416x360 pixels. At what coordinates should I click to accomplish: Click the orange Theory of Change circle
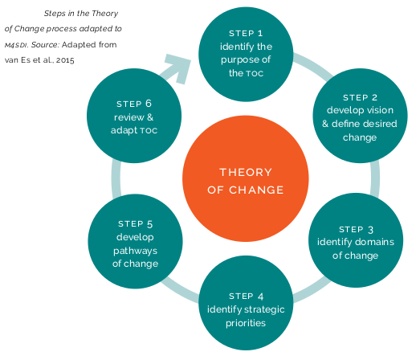tap(246, 178)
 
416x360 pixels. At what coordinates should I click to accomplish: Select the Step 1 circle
tap(246, 54)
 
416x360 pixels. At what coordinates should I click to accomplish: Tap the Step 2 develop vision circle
tap(360, 116)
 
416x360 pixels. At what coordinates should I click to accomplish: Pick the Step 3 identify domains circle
tap(356, 240)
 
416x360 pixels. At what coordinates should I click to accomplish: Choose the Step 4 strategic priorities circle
tap(246, 303)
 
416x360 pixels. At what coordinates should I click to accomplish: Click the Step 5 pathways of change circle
tap(135, 241)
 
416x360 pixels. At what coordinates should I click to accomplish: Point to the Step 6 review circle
tap(134, 116)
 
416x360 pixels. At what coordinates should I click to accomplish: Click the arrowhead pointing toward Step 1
tap(179, 68)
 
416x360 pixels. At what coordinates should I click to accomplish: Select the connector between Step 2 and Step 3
tap(375, 178)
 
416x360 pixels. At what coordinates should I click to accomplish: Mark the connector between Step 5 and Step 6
tap(116, 178)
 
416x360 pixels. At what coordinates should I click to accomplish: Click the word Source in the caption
tap(45, 44)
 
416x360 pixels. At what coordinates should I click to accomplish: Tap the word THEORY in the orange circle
tap(246, 172)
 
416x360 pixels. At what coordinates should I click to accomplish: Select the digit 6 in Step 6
tap(149, 104)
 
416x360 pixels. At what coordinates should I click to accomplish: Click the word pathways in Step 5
tap(135, 252)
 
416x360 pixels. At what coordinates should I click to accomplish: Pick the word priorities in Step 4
tap(246, 323)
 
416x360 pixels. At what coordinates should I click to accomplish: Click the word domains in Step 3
tap(375, 242)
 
